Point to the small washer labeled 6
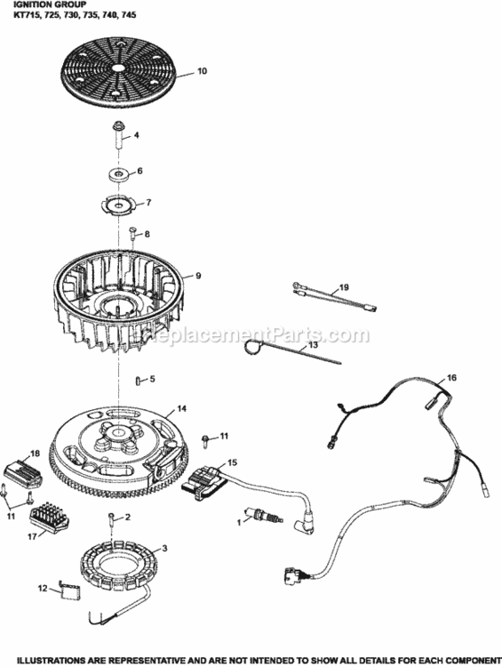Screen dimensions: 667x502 (x=119, y=171)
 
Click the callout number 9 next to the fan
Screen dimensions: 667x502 (x=197, y=276)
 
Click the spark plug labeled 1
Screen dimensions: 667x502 (x=264, y=516)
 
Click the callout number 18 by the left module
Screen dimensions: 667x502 (x=36, y=454)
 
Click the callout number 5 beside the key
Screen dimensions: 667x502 (x=152, y=379)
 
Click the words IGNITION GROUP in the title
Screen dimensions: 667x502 (x=32, y=4)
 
